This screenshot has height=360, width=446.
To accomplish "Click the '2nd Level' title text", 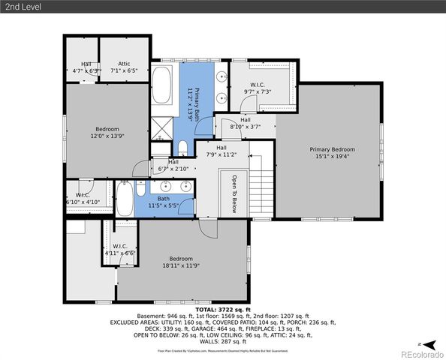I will coord(23,7).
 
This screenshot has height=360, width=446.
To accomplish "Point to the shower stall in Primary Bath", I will coord(162,130).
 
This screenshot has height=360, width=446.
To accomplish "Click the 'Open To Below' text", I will coord(234,194).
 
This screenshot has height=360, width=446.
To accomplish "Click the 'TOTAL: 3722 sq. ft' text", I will coord(223,309).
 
